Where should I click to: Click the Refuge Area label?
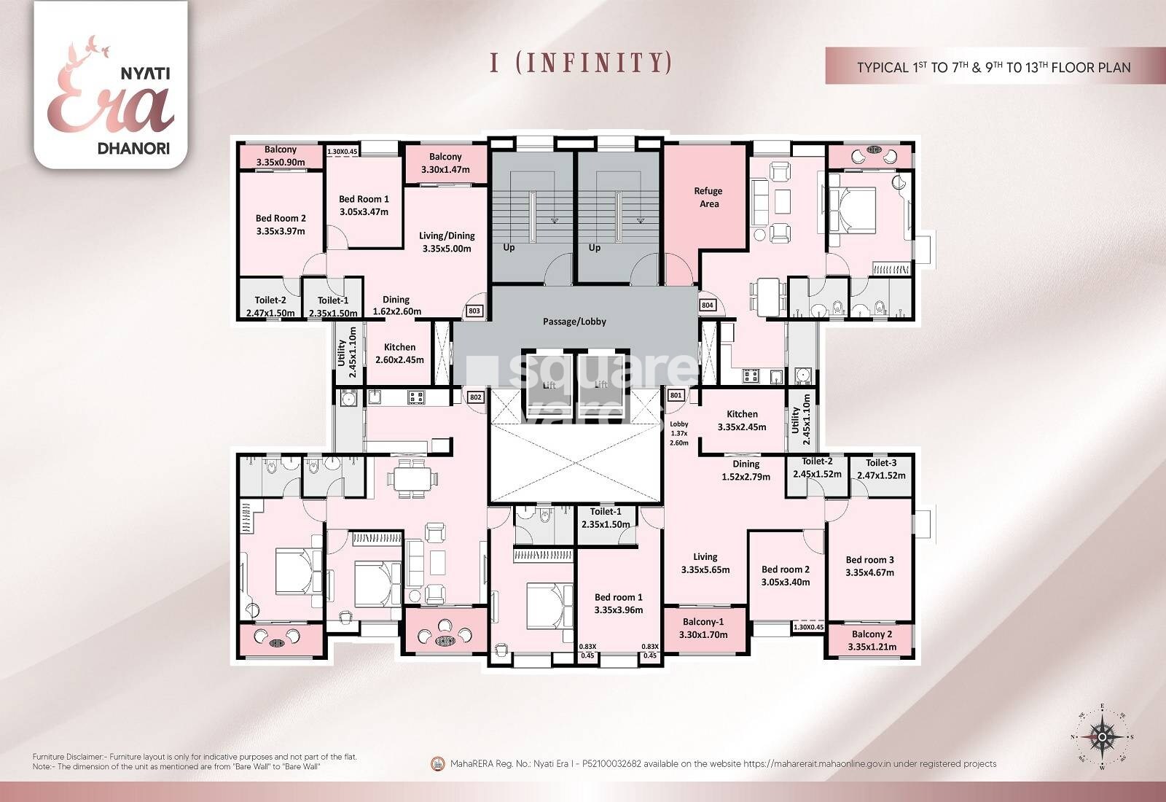pyautogui.click(x=708, y=198)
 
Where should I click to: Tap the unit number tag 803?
pyautogui.click(x=474, y=311)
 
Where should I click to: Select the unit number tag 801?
pyautogui.click(x=676, y=396)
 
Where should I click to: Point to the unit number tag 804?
pyautogui.click(x=707, y=305)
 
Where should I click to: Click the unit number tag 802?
pyautogui.click(x=475, y=397)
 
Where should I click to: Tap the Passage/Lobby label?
pyautogui.click(x=574, y=322)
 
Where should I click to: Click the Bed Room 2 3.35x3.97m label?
pyautogui.click(x=281, y=225)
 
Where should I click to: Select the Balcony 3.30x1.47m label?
pyautogui.click(x=445, y=163)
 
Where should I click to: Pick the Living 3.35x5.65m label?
pyautogui.click(x=705, y=563)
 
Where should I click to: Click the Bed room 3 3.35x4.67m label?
pyautogui.click(x=869, y=566)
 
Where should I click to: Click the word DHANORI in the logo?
pyautogui.click(x=133, y=147)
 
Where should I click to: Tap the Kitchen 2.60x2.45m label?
pyautogui.click(x=399, y=353)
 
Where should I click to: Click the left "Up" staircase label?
pyautogui.click(x=509, y=247)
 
